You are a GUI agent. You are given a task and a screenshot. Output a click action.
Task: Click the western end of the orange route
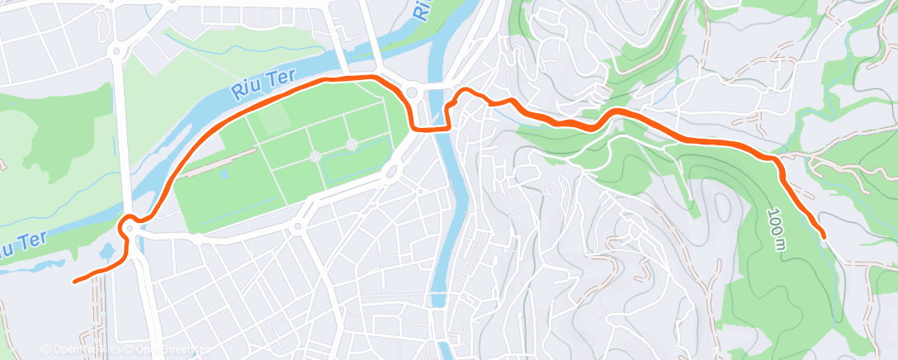click(x=75, y=282)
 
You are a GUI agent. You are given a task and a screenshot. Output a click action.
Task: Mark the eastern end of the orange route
click(x=822, y=236)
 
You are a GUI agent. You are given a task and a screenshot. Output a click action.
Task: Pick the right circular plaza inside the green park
click(x=352, y=144)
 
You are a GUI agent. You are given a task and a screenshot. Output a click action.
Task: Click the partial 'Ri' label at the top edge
click(x=422, y=8)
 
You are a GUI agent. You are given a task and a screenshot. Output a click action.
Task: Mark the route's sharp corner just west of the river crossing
click(x=415, y=127)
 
